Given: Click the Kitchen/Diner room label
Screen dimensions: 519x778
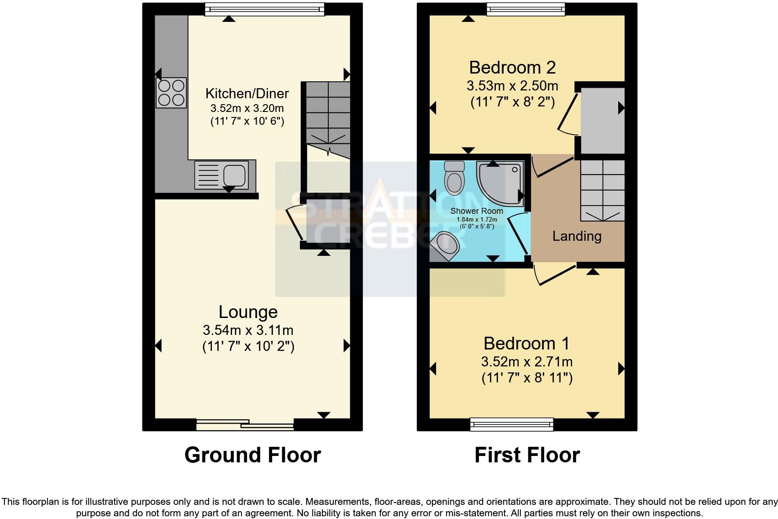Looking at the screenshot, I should tap(247, 94).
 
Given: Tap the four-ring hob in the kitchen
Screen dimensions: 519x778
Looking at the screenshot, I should tap(171, 93).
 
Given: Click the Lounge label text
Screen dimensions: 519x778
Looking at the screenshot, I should tap(248, 312).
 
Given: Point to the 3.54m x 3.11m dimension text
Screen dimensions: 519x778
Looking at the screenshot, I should tap(248, 330).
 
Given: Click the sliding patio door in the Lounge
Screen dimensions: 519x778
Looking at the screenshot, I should tap(245, 425).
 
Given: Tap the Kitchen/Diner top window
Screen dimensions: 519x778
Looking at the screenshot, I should tap(264, 9).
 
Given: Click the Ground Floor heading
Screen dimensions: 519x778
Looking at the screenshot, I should tap(252, 455).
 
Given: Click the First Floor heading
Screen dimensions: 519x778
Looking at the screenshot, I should tap(527, 455).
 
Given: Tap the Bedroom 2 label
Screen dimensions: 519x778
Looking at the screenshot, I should tap(512, 68).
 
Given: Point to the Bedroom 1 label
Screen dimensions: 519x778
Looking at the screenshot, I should tap(526, 344).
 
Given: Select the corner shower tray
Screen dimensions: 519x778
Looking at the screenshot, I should tap(500, 183).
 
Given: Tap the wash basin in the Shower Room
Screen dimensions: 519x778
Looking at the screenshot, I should tap(446, 245).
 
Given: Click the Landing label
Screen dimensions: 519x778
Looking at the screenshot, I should tap(577, 236).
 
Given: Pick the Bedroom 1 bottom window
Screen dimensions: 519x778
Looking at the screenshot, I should tap(512, 425).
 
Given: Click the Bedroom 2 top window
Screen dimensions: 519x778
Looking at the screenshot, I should tap(526, 9).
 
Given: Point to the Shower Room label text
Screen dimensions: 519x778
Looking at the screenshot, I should tap(477, 211).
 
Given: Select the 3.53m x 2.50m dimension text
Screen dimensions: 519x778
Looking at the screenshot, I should tap(512, 86).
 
